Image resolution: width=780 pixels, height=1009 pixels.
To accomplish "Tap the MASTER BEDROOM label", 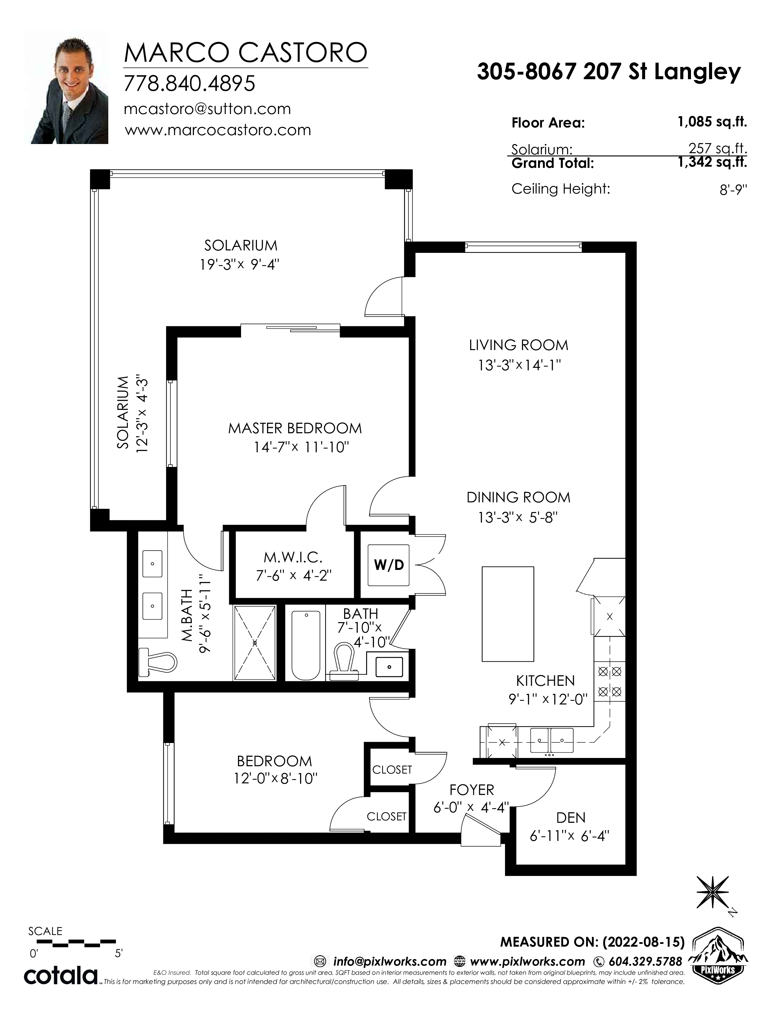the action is pyautogui.click(x=295, y=428).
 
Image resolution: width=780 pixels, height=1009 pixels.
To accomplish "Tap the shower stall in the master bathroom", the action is pyautogui.click(x=254, y=643).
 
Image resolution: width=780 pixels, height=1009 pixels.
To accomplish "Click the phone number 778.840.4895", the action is pyautogui.click(x=189, y=83).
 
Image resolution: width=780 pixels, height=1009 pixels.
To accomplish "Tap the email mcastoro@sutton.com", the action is pyautogui.click(x=207, y=109).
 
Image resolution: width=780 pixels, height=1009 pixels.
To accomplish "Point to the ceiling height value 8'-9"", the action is pyautogui.click(x=733, y=190).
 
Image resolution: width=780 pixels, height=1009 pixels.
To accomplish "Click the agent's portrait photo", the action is pyautogui.click(x=66, y=87).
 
